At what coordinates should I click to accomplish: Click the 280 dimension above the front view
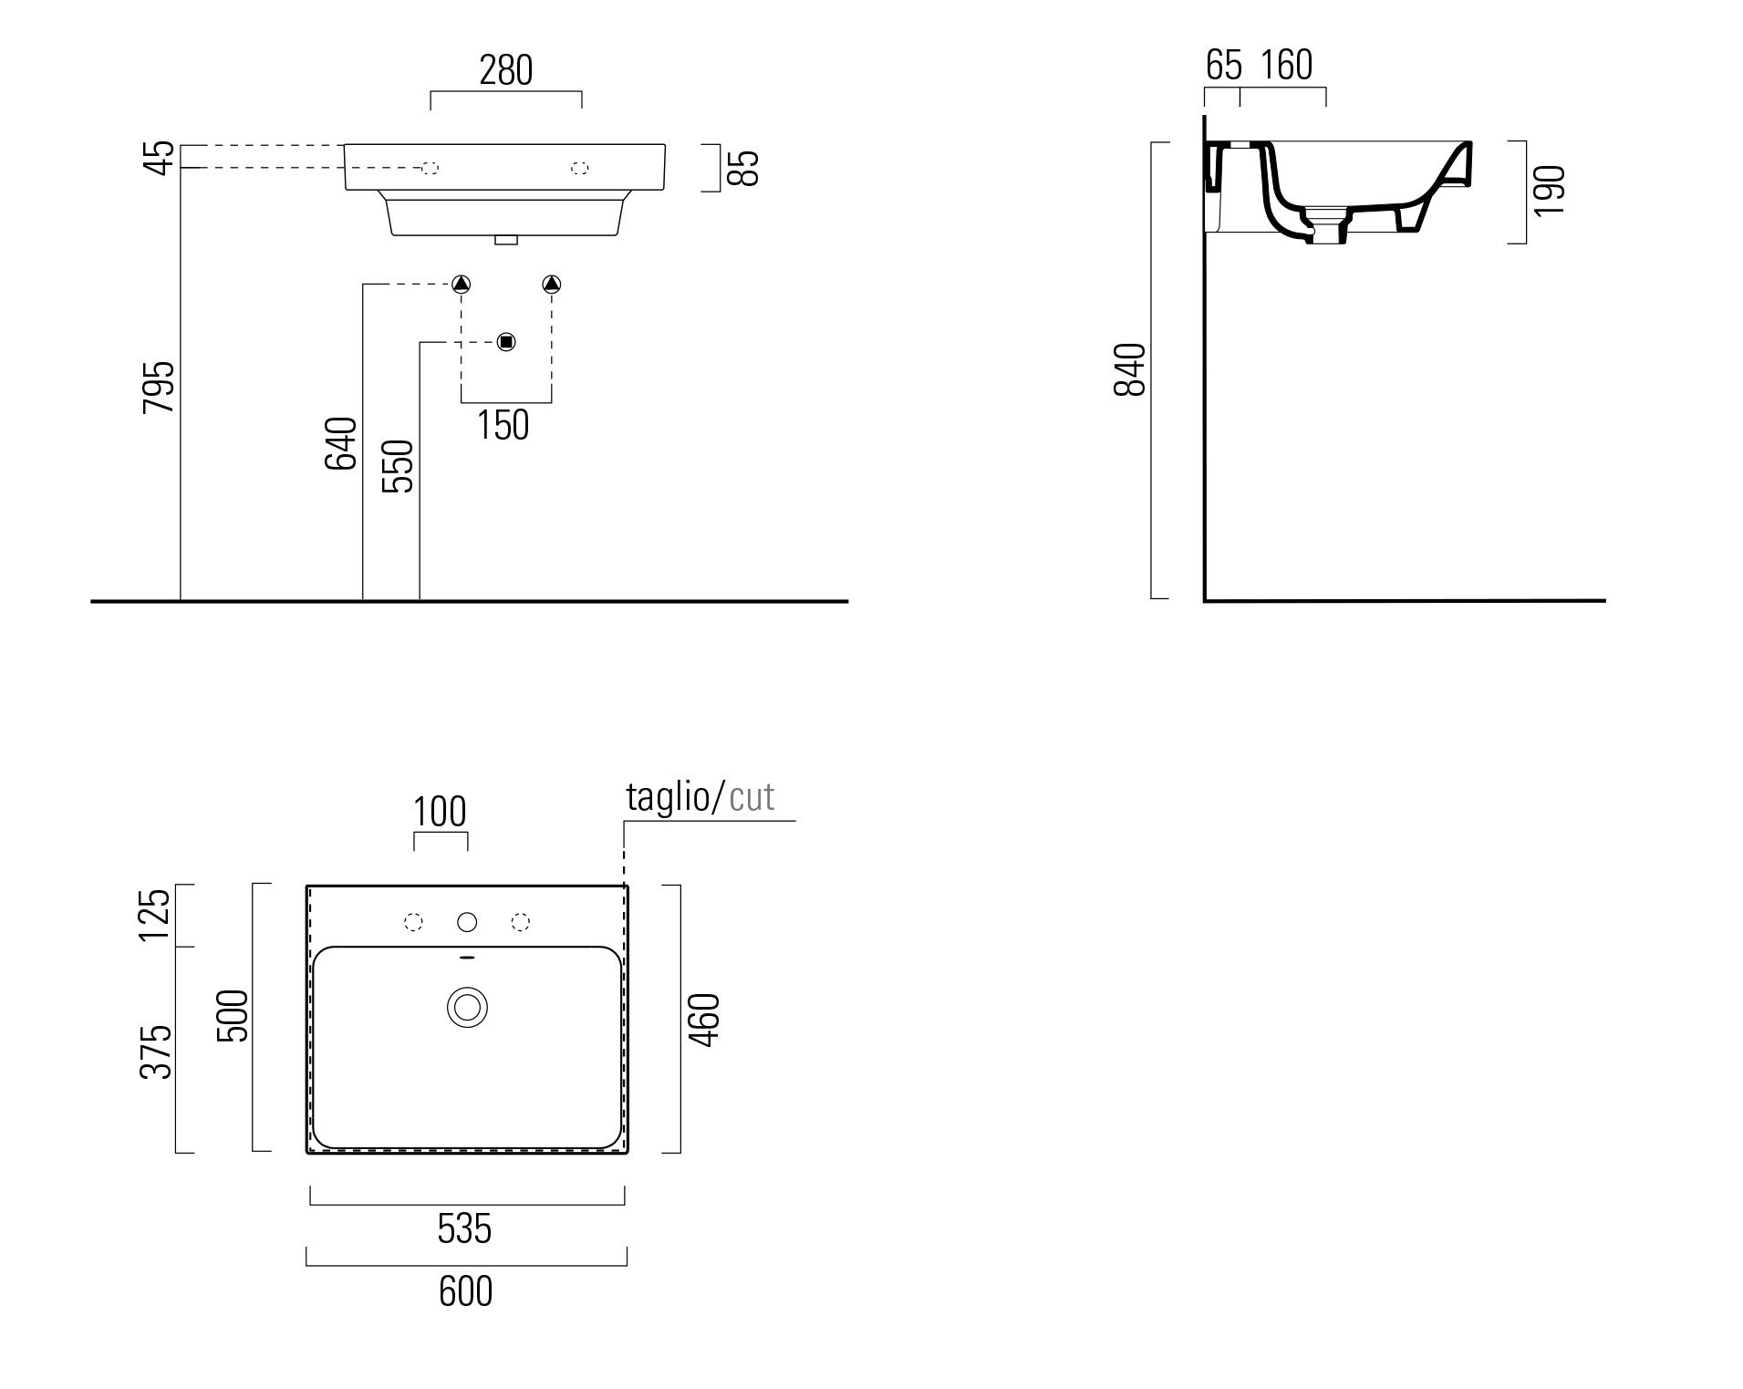505,70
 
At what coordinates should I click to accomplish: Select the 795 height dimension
159,387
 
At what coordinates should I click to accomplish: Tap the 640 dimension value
341,443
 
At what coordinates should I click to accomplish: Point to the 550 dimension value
398,466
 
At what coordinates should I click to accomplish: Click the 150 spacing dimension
503,425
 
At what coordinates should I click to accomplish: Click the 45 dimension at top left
161,157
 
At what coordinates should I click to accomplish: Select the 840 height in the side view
1130,369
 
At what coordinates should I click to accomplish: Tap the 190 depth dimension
1550,191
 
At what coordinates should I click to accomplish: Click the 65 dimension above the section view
1223,66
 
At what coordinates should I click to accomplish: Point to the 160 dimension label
1286,66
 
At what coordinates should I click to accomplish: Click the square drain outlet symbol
507,342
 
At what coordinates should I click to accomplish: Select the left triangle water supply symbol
462,284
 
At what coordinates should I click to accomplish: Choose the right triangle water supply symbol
552,284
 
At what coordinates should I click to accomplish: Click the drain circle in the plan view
467,1008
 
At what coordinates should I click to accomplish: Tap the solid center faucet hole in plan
467,923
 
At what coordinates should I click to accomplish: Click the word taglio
668,797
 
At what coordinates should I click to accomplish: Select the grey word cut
752,797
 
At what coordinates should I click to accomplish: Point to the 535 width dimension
464,1229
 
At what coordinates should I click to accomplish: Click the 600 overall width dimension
465,1291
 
